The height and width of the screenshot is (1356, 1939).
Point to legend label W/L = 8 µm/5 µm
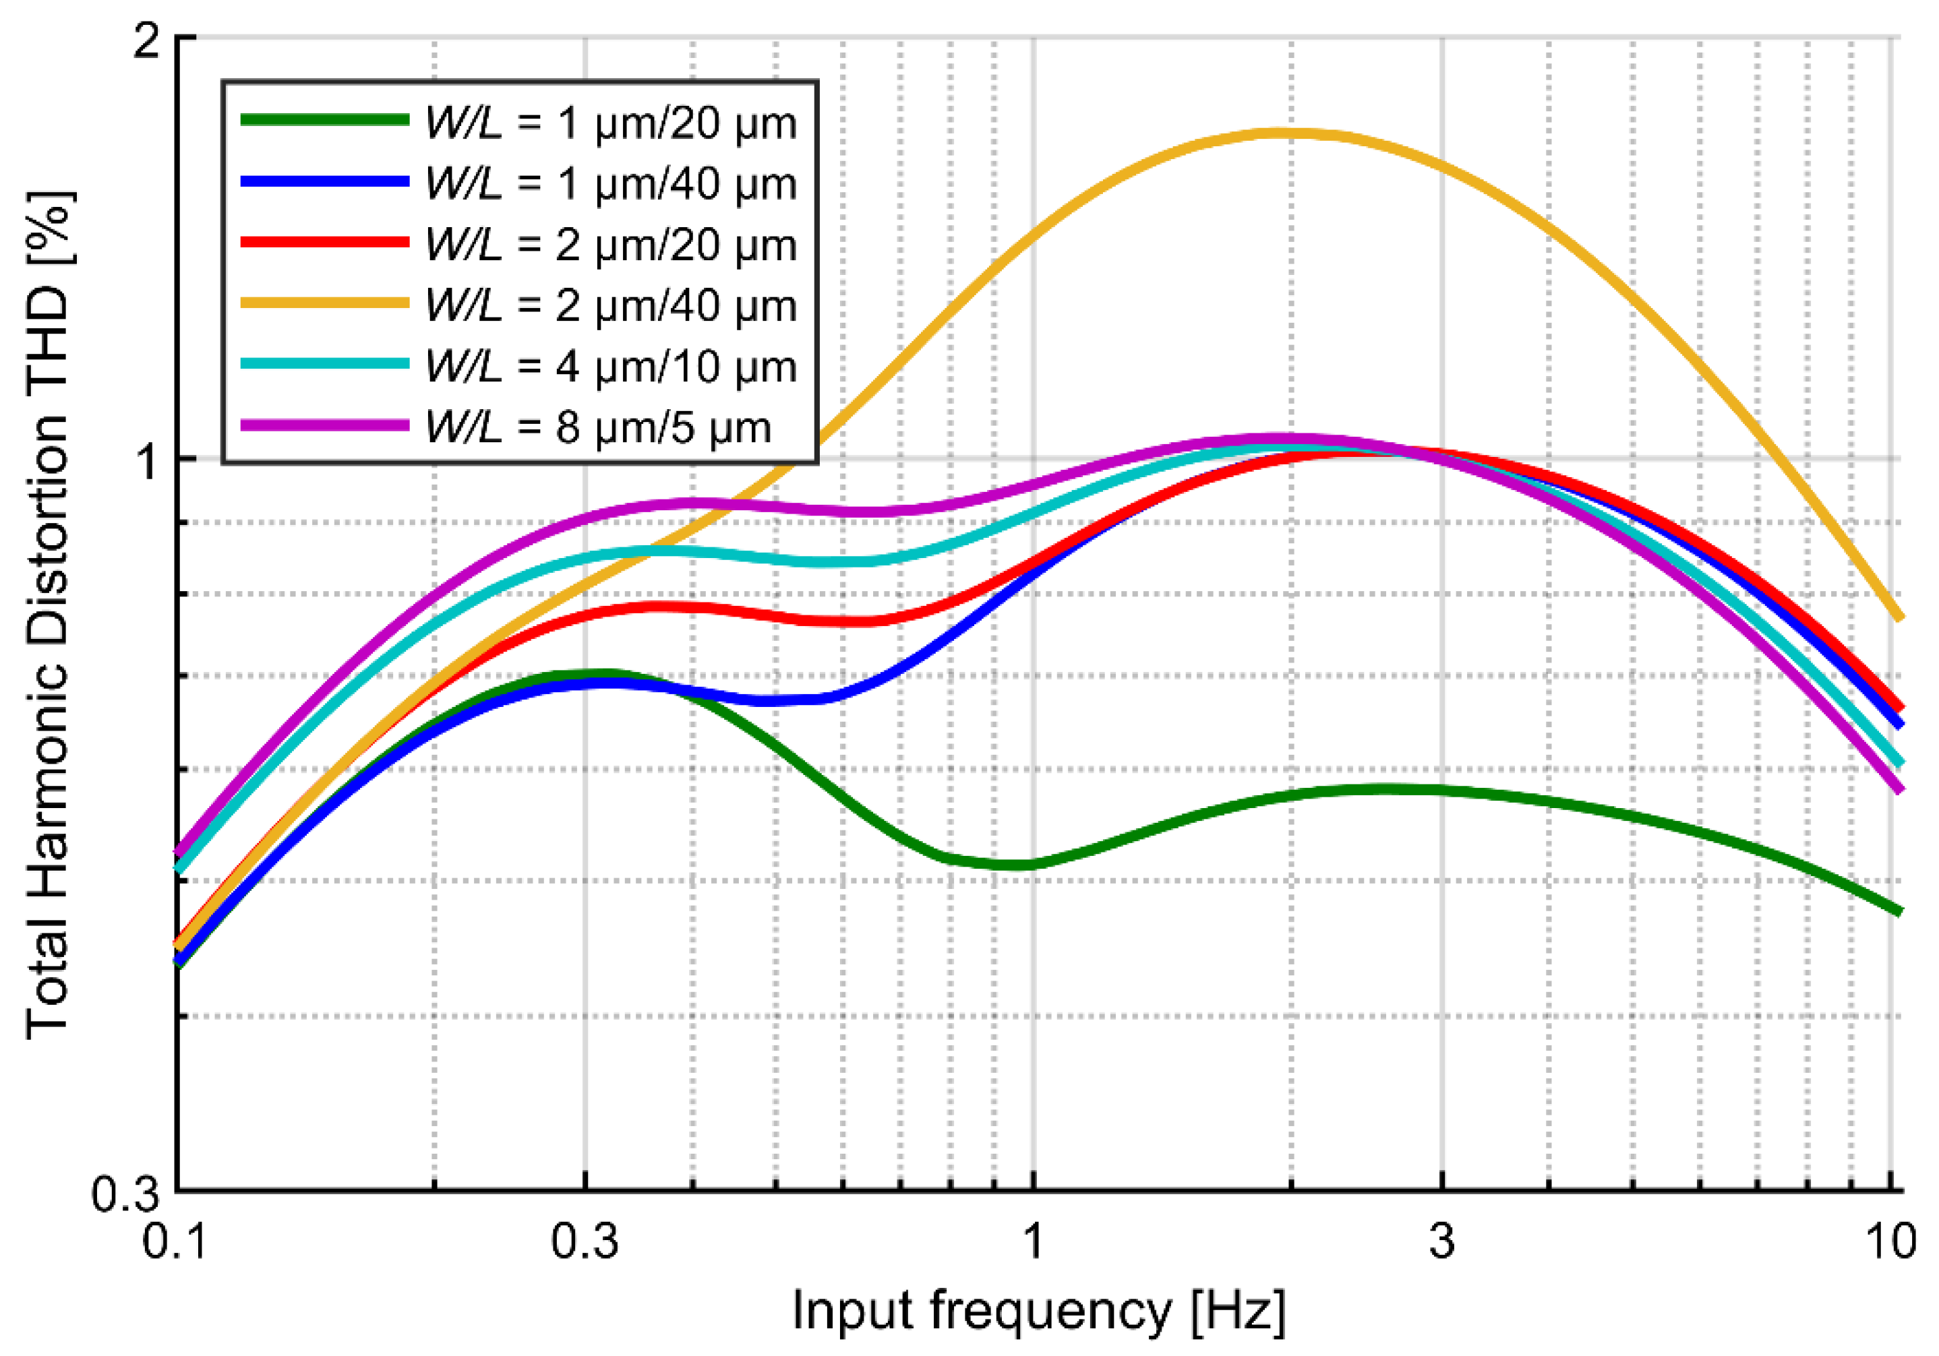point(598,427)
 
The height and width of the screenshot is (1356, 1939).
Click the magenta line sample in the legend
point(325,425)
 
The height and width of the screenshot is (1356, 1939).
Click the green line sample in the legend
point(325,120)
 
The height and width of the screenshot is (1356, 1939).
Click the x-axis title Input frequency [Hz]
point(1039,1312)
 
